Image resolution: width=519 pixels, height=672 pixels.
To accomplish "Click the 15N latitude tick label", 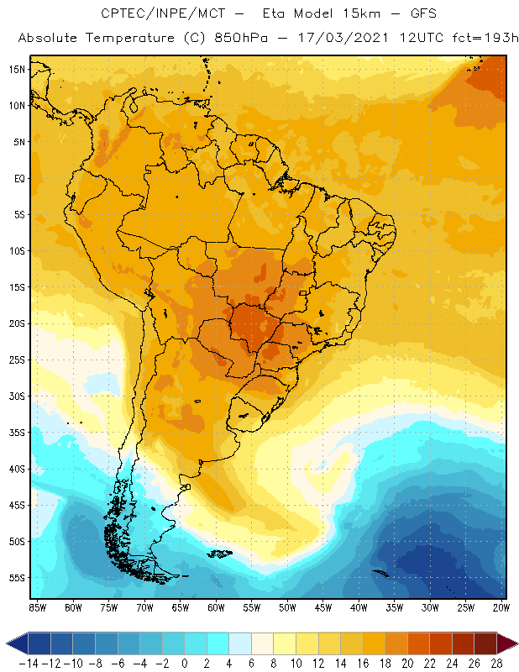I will [18, 69].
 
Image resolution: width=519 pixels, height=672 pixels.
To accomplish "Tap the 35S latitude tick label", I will [18, 433].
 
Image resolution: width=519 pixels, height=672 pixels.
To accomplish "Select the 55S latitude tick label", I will [18, 578].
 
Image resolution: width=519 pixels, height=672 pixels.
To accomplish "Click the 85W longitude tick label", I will [37, 607].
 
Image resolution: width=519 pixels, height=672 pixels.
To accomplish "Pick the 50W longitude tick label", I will [288, 607].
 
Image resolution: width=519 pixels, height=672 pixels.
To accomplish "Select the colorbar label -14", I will [27, 664].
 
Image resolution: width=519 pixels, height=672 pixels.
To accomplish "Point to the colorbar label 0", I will [184, 664].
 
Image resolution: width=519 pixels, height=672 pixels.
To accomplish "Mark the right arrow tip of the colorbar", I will [515, 643].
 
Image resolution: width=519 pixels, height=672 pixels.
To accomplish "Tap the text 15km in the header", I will [359, 14].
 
